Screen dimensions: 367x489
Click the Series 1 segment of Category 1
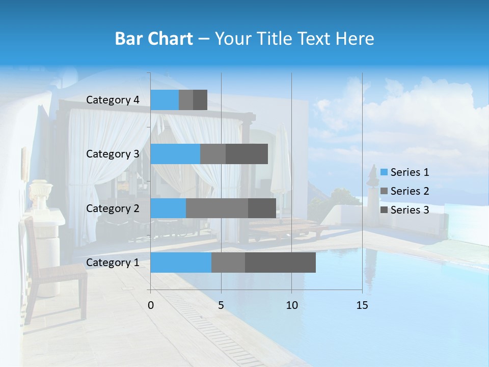pyautogui.click(x=181, y=263)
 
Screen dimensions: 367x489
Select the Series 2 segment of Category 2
pyautogui.click(x=217, y=208)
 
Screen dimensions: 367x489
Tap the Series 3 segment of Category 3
pyautogui.click(x=247, y=154)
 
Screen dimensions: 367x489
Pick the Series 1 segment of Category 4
pyautogui.click(x=165, y=100)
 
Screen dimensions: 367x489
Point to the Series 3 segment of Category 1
pyautogui.click(x=280, y=263)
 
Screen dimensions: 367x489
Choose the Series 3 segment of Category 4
pyautogui.click(x=200, y=100)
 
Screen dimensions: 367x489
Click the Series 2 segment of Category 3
pyautogui.click(x=213, y=154)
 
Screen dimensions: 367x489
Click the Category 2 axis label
pyautogui.click(x=113, y=208)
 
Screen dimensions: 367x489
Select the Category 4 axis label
pyautogui.click(x=113, y=100)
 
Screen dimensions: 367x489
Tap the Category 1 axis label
pyautogui.click(x=113, y=263)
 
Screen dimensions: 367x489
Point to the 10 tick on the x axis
pyautogui.click(x=291, y=305)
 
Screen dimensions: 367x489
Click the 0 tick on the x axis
pyautogui.click(x=151, y=305)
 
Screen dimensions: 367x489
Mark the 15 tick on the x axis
pyautogui.click(x=362, y=305)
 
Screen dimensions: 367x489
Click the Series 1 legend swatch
pyautogui.click(x=384, y=172)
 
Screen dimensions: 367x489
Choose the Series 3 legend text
pyautogui.click(x=410, y=210)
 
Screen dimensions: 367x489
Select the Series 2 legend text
pyautogui.click(x=410, y=191)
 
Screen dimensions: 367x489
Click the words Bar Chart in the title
pyautogui.click(x=154, y=39)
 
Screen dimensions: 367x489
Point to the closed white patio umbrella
pyautogui.click(x=280, y=163)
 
